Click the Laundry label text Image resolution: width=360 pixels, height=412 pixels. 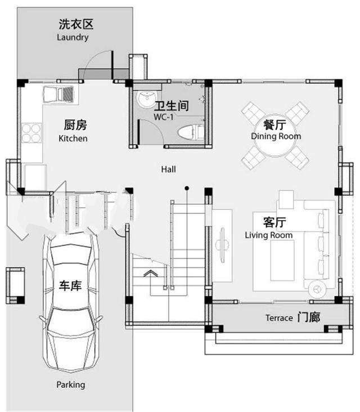pos(73,37)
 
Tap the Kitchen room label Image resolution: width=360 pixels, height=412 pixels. pos(73,138)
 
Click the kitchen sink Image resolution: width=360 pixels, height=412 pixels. pos(58,95)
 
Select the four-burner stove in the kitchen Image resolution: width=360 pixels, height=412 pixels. pos(31,133)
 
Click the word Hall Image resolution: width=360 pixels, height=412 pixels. pos(169,169)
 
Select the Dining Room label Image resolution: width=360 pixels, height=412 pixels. pos(276,136)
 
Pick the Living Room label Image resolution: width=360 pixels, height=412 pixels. pos(269,235)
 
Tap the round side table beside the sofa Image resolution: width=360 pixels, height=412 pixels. pos(317,288)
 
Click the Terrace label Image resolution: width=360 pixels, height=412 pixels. pos(279,318)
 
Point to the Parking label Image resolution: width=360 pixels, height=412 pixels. pos(71,385)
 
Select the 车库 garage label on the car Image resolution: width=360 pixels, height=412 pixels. pos(71,286)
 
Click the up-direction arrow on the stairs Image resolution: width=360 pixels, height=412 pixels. pos(151,274)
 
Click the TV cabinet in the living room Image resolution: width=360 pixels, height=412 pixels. pos(223,245)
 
